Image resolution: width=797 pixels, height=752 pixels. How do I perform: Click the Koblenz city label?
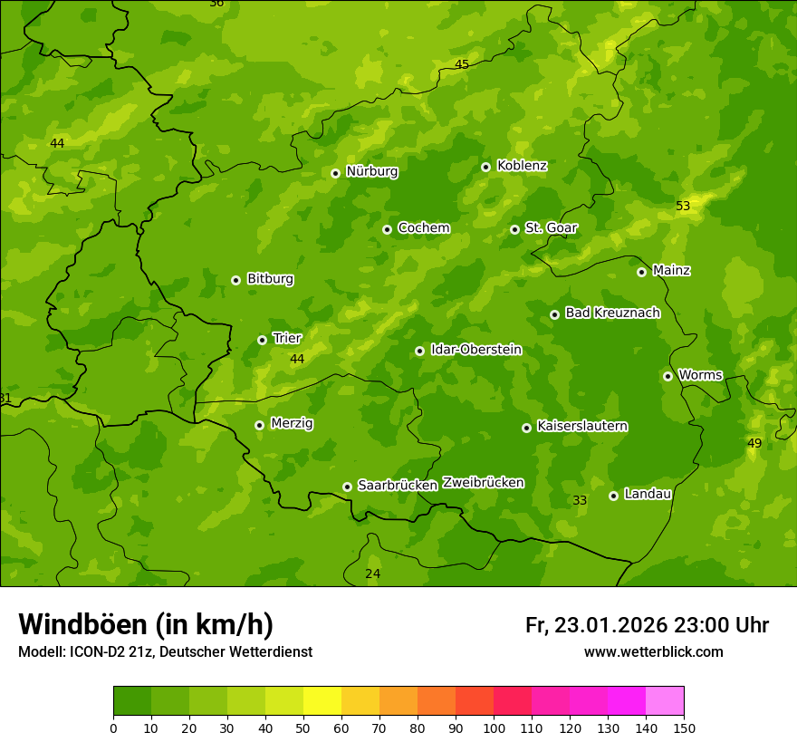(522, 166)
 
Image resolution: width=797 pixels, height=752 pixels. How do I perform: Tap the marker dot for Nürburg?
(335, 173)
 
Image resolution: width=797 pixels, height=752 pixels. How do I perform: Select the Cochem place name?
(423, 228)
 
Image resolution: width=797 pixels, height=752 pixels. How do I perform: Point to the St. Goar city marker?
(514, 229)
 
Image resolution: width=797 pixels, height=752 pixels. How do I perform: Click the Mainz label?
(671, 271)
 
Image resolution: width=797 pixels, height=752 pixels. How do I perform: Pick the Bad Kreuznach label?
(612, 313)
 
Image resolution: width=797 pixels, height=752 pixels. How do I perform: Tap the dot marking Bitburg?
(235, 280)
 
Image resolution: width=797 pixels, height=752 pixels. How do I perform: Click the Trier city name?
(287, 338)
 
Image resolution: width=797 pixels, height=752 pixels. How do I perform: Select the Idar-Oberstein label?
(475, 350)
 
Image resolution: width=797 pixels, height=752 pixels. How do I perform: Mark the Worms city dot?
(667, 376)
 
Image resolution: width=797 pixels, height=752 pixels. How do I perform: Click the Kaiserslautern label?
(581, 426)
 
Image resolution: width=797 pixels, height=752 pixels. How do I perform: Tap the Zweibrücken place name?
(483, 483)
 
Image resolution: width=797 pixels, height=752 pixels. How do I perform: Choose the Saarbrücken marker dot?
(347, 487)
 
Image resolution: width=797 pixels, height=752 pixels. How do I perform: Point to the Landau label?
(648, 494)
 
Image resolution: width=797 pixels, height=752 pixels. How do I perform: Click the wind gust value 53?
(683, 207)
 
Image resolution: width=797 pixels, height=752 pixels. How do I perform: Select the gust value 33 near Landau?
(580, 500)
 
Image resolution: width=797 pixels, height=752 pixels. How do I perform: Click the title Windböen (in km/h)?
(146, 624)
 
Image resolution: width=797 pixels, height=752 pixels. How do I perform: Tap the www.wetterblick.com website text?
(653, 651)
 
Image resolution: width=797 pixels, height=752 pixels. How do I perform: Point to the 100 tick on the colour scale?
(494, 728)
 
